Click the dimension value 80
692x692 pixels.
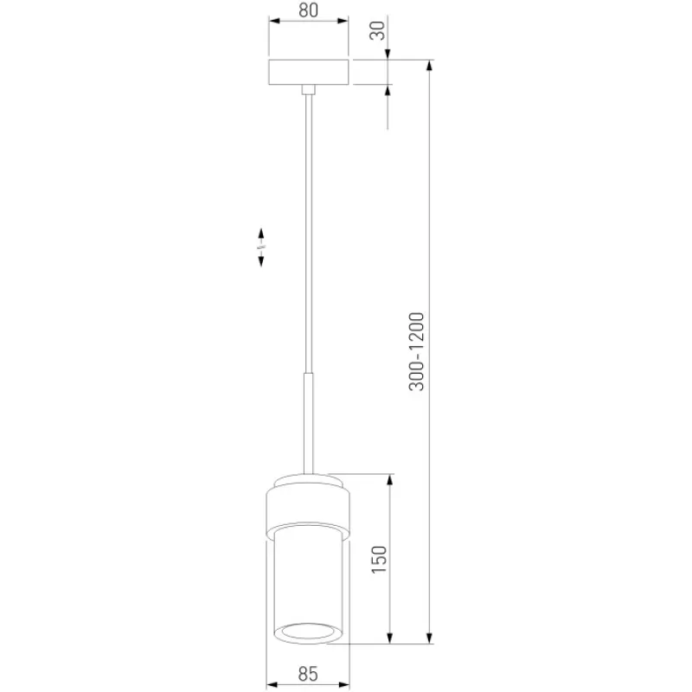[308, 10]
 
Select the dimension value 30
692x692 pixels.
[377, 30]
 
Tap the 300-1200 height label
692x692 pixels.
[417, 351]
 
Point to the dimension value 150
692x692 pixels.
[379, 559]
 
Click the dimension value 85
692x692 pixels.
[308, 674]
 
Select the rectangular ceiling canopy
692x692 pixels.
[309, 72]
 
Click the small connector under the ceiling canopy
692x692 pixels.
[309, 90]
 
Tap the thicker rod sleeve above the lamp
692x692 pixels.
[309, 424]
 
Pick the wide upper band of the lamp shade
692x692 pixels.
[308, 507]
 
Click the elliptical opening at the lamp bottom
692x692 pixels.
[308, 631]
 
